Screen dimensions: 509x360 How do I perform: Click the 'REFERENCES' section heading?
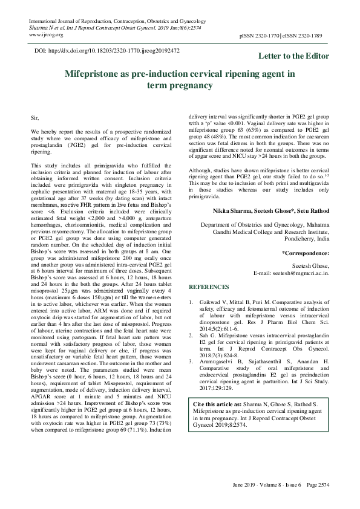pyautogui.click(x=209, y=287)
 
